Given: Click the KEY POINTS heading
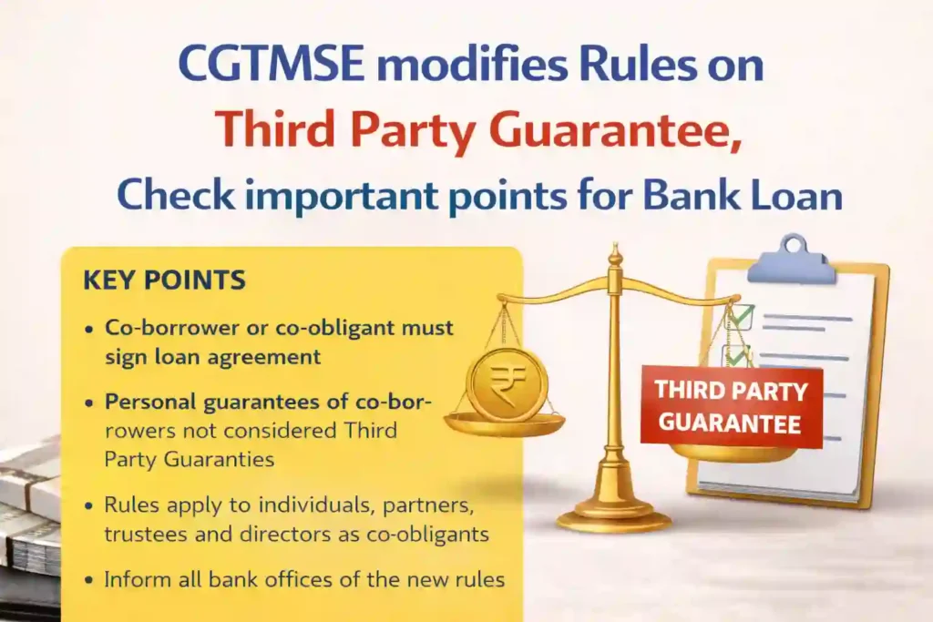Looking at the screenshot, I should (164, 280).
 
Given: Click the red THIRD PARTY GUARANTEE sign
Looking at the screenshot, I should (731, 406).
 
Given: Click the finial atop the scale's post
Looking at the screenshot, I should (615, 254).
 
